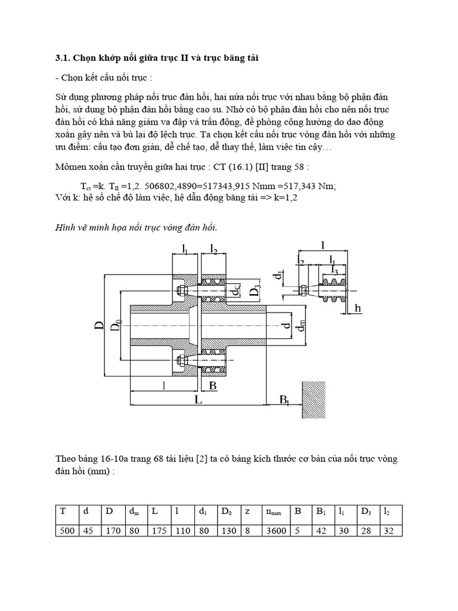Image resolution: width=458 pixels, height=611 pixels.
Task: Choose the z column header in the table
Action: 247,511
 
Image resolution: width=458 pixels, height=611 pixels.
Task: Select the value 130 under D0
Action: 228,530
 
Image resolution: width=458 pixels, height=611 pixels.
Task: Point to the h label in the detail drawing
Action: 358,308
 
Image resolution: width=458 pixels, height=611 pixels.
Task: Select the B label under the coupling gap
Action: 212,386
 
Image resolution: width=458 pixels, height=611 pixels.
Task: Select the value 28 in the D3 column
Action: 367,530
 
